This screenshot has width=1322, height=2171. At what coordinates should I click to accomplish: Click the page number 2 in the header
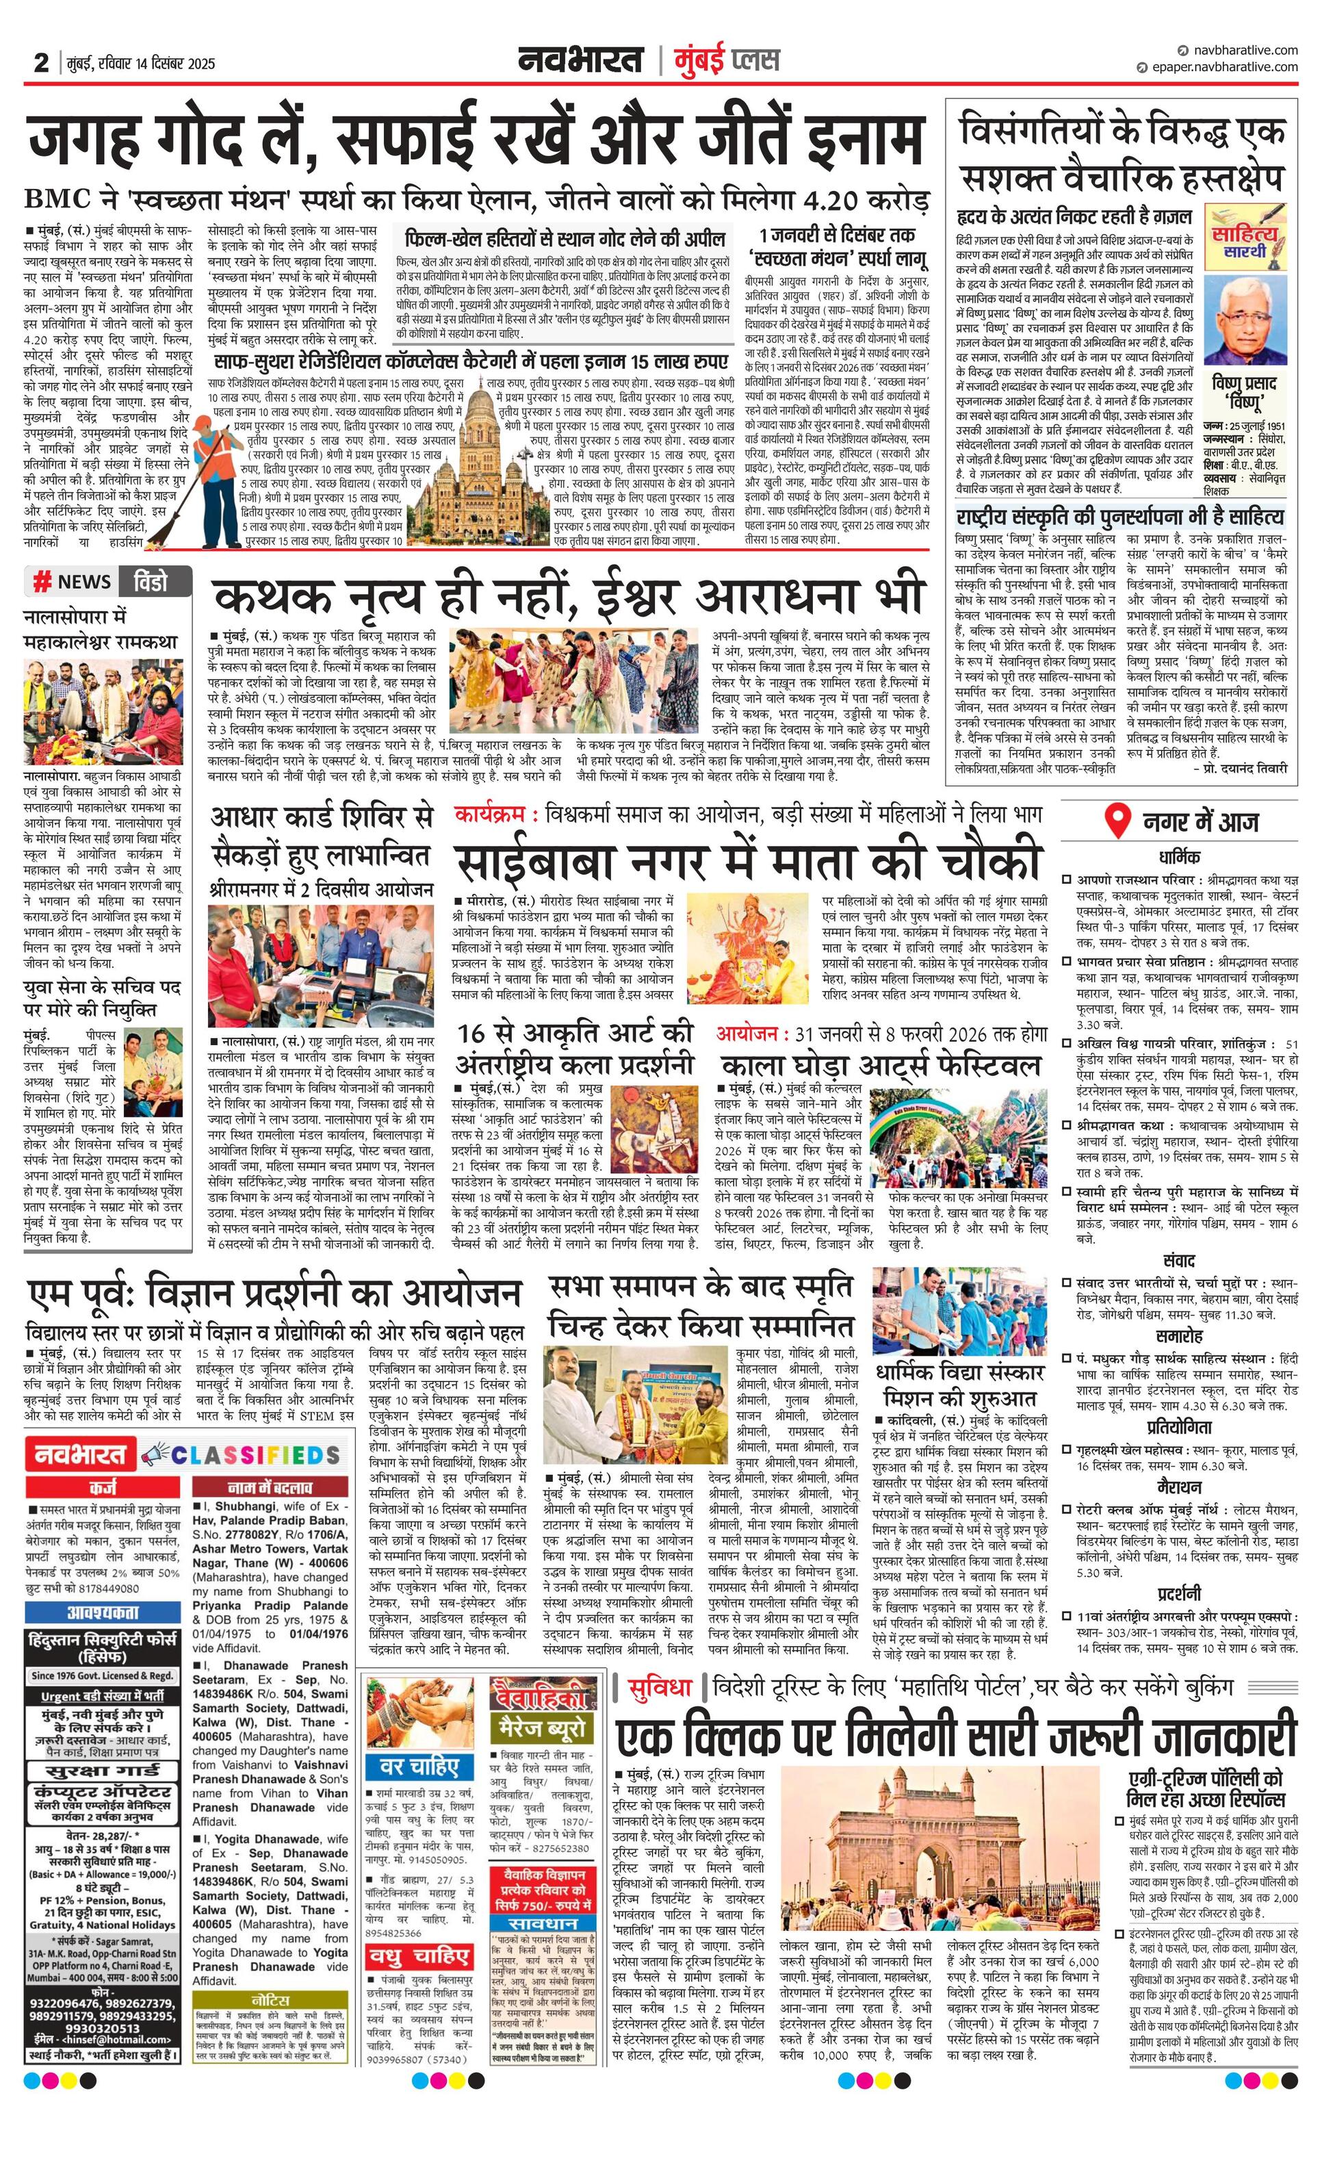pyautogui.click(x=41, y=64)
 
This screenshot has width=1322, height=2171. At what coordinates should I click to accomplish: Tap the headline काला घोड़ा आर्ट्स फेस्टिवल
pyautogui.click(x=881, y=1067)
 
